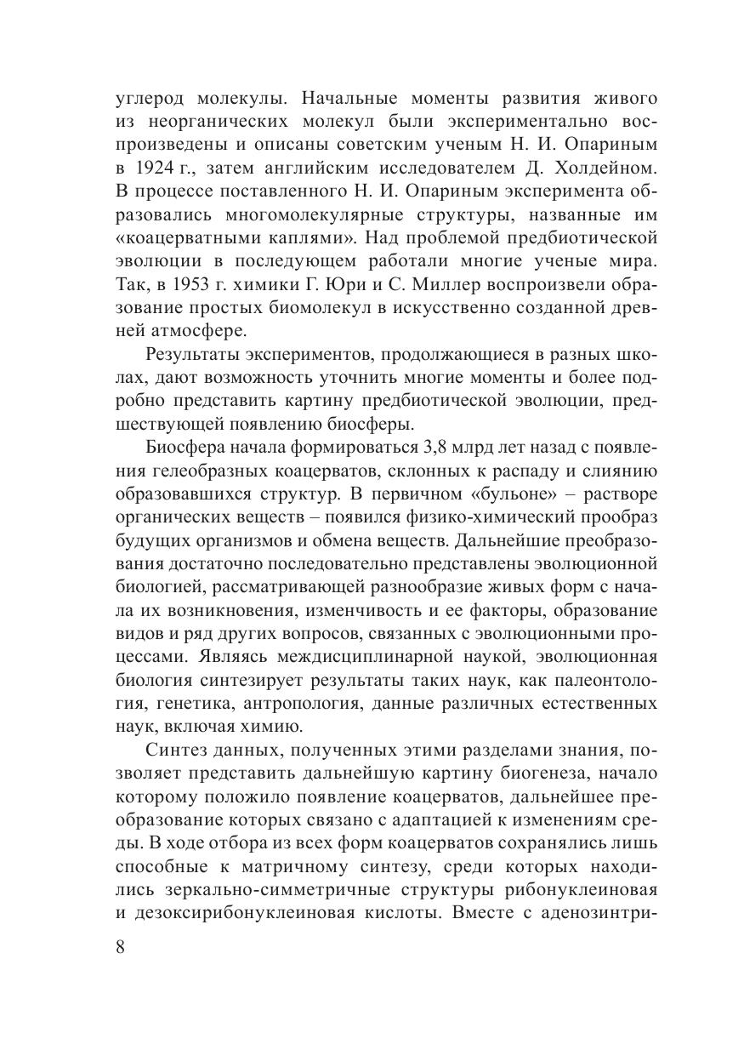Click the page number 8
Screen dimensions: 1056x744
(x=120, y=947)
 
